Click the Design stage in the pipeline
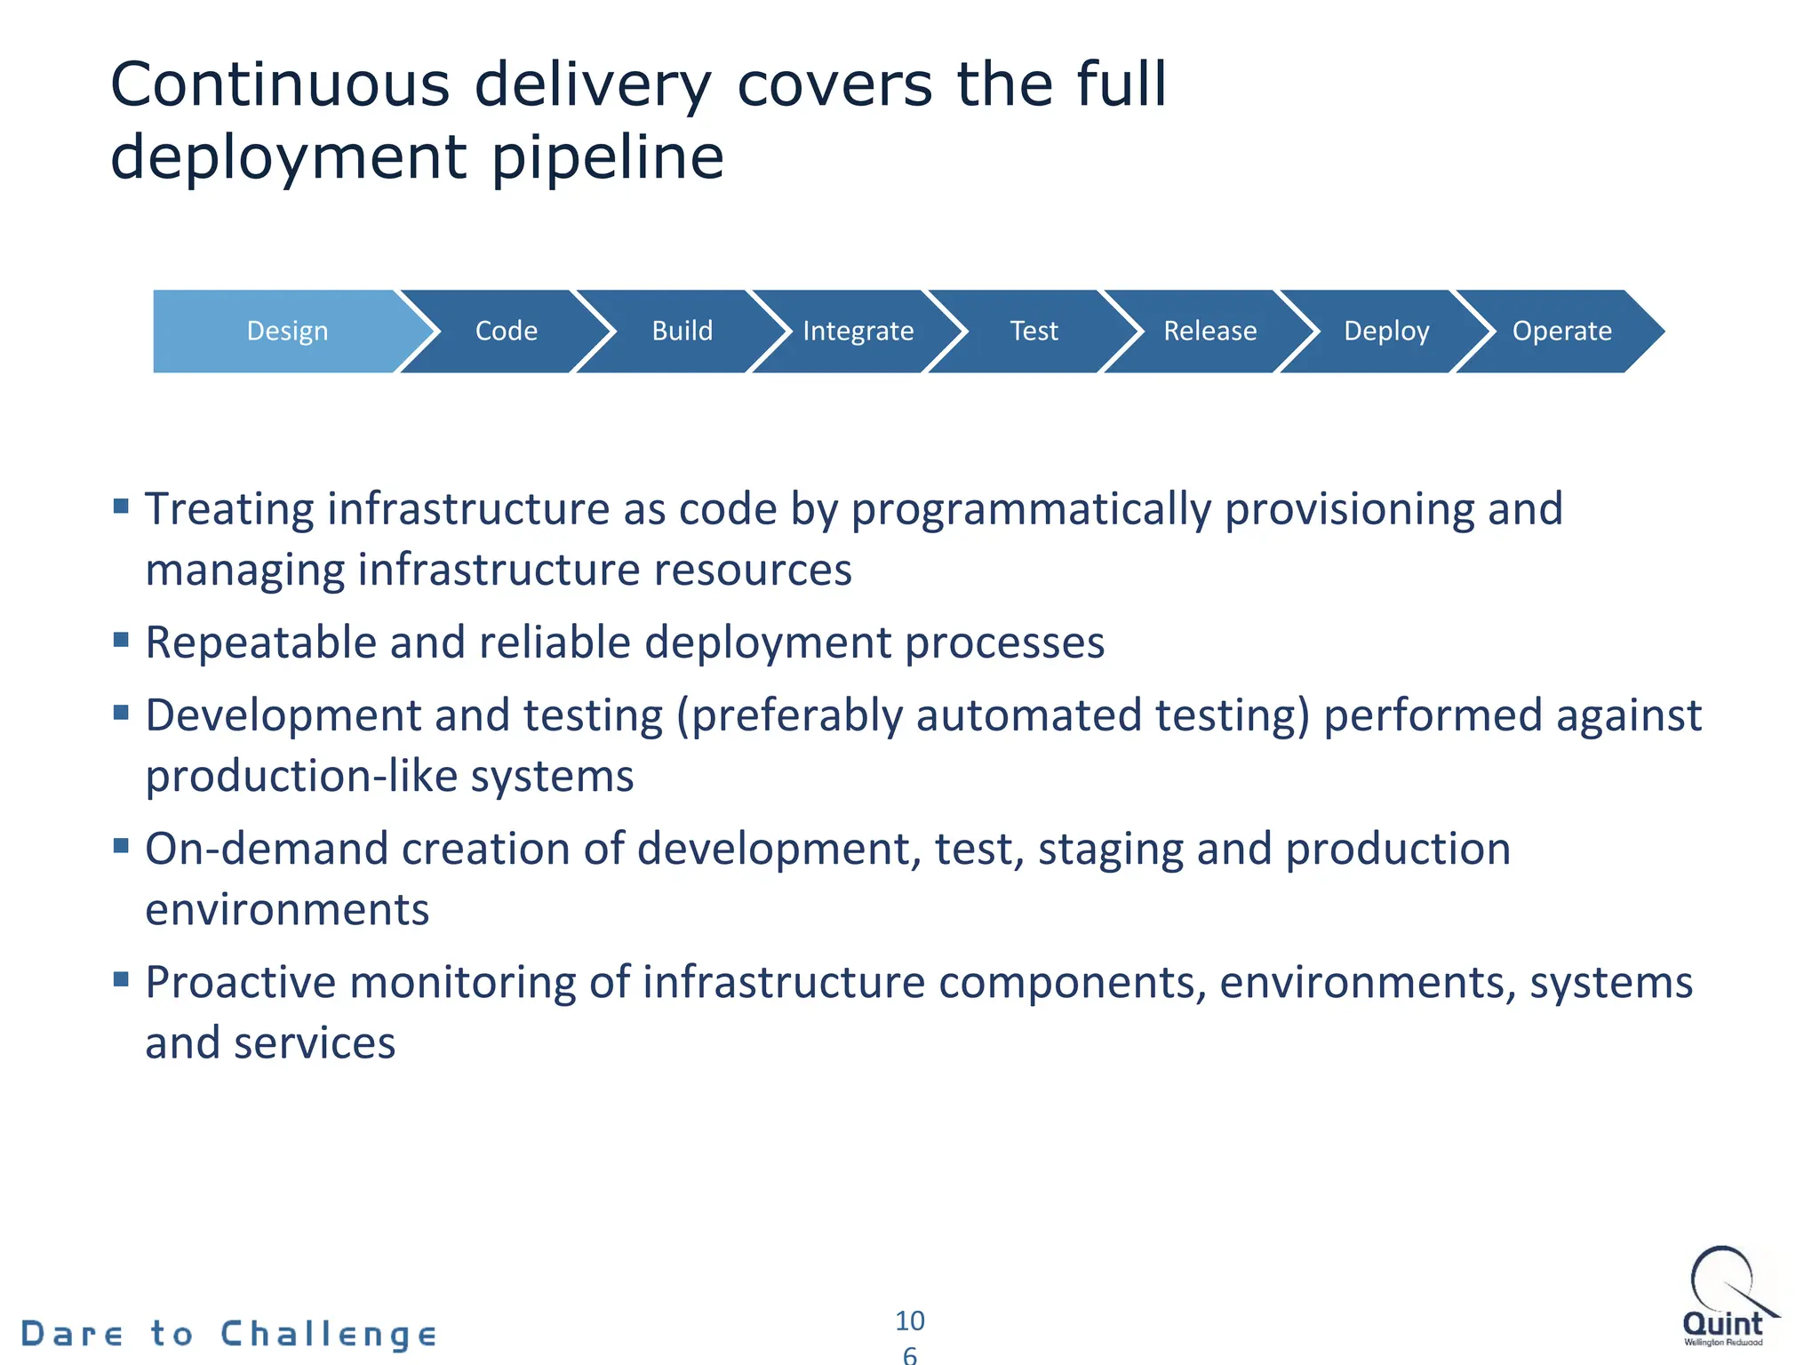pos(287,331)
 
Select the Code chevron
pos(506,331)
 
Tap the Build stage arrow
pos(682,331)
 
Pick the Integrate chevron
pos(858,331)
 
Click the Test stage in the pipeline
pos(1034,331)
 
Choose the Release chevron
pos(1209,331)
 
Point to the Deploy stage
pos(1385,331)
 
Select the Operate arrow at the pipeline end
pos(1561,331)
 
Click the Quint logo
pos(1727,1297)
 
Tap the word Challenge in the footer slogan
pos(329,1334)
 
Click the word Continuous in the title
pos(280,85)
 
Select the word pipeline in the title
pos(608,157)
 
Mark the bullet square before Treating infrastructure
pos(122,507)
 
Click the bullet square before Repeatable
pos(122,639)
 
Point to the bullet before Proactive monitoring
pos(122,979)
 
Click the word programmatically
pos(1031,509)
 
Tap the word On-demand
pos(267,849)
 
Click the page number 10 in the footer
pos(909,1321)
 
